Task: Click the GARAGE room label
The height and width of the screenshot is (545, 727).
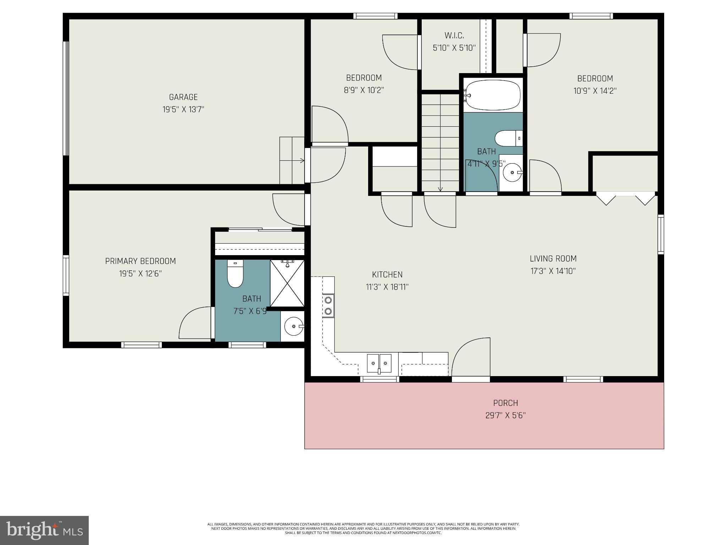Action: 183,97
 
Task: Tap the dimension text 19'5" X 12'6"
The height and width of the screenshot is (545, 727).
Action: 141,274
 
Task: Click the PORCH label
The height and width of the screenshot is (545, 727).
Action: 505,403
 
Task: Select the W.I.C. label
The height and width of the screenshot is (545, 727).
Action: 454,35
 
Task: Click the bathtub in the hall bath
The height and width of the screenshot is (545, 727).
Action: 493,95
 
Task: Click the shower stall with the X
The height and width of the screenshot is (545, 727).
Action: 287,283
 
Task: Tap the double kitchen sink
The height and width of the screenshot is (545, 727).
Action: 379,363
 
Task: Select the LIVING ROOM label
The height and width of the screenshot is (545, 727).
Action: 553,259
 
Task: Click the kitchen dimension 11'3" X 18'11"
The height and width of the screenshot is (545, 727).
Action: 387,287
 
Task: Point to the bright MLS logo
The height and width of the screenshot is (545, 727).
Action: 44,530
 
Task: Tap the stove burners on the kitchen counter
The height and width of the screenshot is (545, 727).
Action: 328,306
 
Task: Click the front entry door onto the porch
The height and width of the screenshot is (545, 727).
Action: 471,358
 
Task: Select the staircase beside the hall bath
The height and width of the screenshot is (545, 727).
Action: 440,142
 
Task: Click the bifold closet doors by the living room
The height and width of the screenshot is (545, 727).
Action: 625,198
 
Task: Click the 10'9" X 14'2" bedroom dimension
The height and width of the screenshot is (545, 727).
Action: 595,91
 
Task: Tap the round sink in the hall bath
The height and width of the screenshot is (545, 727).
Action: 513,172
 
